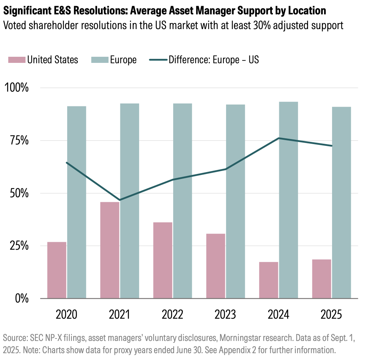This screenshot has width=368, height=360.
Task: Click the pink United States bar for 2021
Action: point(110,250)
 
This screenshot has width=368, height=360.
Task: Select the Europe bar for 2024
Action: point(288,200)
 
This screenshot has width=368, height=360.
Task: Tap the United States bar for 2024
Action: point(269,280)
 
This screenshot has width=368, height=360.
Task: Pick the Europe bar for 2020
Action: point(77,202)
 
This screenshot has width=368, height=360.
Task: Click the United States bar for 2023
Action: point(216,266)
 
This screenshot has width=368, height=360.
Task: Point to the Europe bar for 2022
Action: point(182,201)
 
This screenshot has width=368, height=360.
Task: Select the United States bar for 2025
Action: point(322,279)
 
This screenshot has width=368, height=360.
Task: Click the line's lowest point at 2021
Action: point(120,200)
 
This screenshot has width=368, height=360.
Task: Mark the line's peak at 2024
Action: point(279,138)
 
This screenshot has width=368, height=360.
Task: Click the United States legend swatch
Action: point(17,60)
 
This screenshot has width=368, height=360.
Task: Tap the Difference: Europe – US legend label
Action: point(214,60)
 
